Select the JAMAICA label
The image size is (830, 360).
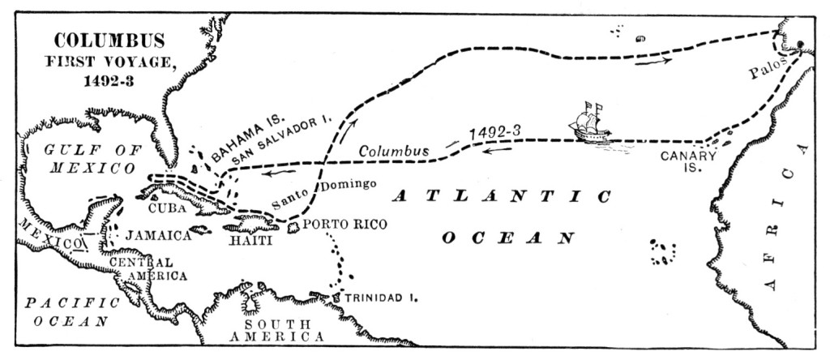point(158,235)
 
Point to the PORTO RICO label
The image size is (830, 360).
point(341,224)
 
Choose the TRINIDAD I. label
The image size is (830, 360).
point(381,298)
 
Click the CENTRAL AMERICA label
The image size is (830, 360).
point(143,269)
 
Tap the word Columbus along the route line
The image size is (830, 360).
point(392,152)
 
